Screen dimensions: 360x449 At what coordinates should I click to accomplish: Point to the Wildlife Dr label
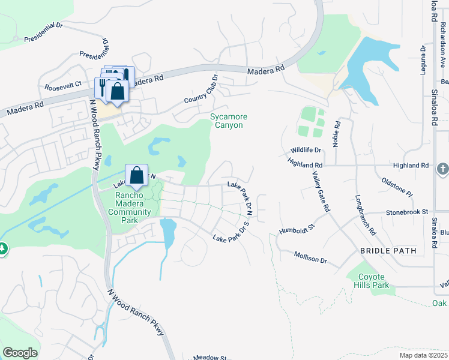pos(306,150)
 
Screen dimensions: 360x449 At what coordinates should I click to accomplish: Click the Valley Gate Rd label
pos(321,191)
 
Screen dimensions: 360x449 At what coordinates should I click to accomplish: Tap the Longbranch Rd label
pos(365,214)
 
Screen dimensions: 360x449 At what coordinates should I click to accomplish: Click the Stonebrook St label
pos(406,212)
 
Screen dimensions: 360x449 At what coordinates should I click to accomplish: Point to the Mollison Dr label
pos(310,257)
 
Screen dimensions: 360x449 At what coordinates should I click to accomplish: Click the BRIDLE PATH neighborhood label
pos(384,250)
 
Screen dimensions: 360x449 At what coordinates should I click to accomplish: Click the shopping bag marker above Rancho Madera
pos(137,175)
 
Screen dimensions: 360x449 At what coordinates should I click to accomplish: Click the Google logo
pos(20,353)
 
